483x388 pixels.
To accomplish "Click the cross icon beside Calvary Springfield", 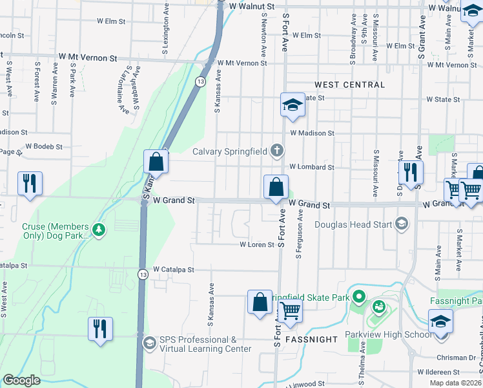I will tap(277, 151).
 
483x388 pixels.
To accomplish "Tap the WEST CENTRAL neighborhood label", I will tap(349, 85).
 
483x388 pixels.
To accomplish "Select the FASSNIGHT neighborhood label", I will tap(309, 339).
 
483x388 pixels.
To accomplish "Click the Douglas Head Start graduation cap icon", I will tap(402, 224).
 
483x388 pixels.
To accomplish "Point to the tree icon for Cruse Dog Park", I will tap(98, 230).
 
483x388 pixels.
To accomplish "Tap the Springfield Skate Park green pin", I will tap(360, 297).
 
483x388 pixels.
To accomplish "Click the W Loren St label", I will tap(258, 245).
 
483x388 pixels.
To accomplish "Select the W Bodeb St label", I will tap(43, 147).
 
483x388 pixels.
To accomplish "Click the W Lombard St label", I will tap(311, 167).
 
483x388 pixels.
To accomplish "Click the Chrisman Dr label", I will tap(457, 357).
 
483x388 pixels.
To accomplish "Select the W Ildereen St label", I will tap(438, 372).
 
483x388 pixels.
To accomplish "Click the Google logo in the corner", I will tap(21, 380).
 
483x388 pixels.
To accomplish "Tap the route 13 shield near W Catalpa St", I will tap(143, 275).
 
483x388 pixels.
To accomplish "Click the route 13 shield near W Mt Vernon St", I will tap(201, 81).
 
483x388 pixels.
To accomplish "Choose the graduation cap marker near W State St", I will tap(292, 105).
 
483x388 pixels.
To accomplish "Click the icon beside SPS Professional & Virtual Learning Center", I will tap(149, 343).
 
